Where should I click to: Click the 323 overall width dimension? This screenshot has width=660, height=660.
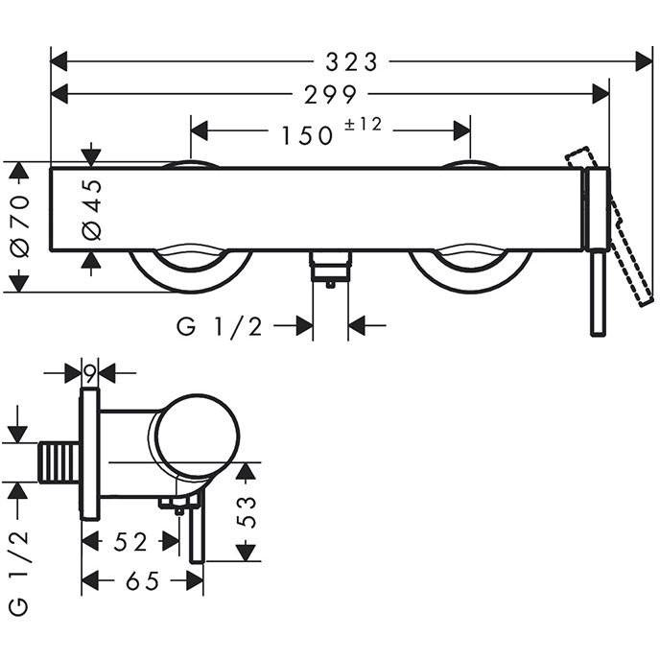(351, 61)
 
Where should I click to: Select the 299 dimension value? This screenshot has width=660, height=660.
(330, 95)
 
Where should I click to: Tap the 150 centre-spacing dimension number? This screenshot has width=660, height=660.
(307, 135)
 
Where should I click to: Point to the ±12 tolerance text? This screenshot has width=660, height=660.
(364, 125)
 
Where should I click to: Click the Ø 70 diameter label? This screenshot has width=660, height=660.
(21, 226)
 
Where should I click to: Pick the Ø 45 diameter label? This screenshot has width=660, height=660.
(92, 210)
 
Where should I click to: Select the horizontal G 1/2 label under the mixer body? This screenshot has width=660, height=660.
(220, 326)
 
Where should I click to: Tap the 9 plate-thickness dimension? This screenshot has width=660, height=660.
(89, 374)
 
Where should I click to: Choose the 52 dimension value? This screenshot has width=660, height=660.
(130, 542)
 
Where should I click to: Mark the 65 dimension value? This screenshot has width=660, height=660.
(143, 581)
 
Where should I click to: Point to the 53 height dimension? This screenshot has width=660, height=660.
(247, 512)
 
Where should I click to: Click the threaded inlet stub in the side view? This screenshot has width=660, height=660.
(59, 462)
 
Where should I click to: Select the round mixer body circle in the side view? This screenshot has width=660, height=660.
(197, 436)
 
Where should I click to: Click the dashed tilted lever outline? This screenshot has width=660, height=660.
(611, 226)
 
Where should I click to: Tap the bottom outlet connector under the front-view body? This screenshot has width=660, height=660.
(330, 269)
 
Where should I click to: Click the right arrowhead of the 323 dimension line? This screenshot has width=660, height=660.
(644, 61)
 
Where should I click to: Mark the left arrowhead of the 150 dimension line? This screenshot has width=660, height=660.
(200, 130)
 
